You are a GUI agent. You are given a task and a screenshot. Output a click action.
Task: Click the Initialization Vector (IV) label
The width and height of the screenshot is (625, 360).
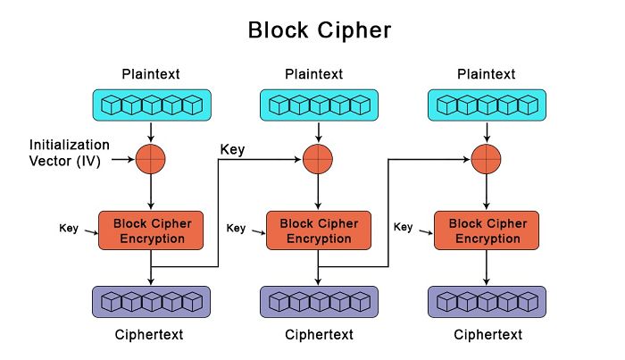point(70,153)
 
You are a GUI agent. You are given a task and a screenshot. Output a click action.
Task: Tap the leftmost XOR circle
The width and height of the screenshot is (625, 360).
point(151,160)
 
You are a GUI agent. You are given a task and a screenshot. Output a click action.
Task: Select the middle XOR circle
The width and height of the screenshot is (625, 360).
point(319,160)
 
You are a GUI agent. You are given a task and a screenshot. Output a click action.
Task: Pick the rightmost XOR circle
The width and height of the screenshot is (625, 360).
point(487,160)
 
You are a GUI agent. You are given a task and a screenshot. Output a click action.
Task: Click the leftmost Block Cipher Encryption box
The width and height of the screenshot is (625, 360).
point(151,230)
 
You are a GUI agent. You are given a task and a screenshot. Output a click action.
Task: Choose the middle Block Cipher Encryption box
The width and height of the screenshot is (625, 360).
point(319,230)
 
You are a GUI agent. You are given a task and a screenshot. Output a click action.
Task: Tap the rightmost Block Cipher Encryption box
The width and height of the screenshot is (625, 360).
point(487,230)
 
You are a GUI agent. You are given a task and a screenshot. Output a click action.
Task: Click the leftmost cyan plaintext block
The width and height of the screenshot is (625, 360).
point(151,105)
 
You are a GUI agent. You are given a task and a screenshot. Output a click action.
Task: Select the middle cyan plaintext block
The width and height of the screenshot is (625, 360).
point(319,105)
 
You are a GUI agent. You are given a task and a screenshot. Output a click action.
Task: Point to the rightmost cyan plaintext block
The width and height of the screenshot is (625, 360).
point(487,105)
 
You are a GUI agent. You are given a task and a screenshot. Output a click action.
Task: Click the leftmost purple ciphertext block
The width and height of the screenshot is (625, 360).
point(151,302)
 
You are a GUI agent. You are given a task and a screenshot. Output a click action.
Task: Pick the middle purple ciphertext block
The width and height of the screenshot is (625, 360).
point(319,302)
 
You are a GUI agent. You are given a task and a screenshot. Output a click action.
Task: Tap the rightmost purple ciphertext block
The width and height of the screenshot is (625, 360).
point(487,302)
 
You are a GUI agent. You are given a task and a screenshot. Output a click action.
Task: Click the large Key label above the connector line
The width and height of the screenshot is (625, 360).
point(234,150)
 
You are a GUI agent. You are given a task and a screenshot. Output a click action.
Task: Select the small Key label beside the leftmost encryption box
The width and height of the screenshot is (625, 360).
point(69,228)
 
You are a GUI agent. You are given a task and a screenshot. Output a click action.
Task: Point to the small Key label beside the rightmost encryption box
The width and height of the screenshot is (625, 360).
point(404,228)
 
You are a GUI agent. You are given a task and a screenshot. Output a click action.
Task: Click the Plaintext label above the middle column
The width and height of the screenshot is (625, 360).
point(319,72)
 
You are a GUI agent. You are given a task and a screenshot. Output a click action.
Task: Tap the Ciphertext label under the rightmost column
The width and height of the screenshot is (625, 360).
point(487,335)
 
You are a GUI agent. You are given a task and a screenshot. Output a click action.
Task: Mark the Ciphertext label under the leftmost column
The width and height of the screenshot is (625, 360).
point(151,335)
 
